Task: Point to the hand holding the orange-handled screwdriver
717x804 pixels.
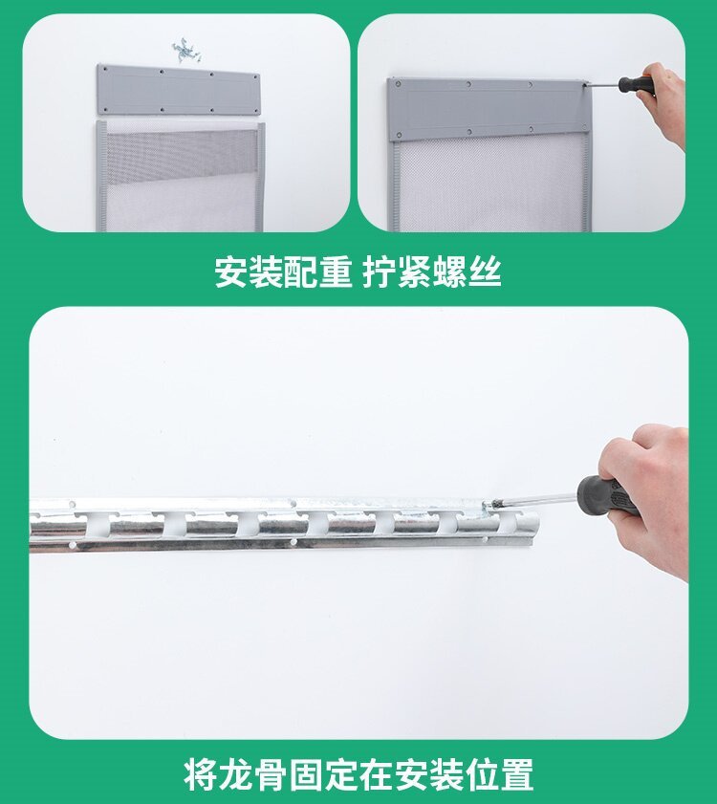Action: [668, 101]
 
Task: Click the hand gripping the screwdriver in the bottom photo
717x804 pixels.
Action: [655, 497]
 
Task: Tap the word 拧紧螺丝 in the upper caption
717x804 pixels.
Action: [432, 272]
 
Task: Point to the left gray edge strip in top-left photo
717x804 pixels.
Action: [101, 177]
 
